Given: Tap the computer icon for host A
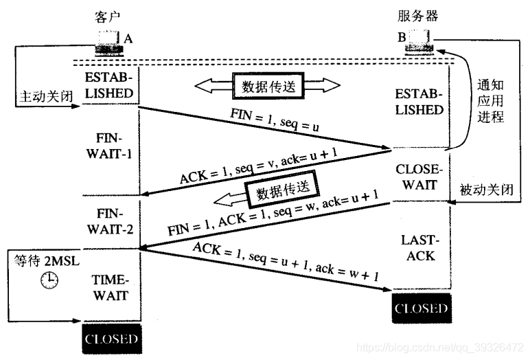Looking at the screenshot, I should click(110, 41).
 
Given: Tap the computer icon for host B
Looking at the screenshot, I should click(420, 41).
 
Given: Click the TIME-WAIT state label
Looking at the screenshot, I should click(111, 289).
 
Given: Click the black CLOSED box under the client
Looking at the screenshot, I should click(111, 339).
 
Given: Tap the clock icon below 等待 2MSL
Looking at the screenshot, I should click(49, 280).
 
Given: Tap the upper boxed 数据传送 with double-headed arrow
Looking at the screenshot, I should click(268, 87).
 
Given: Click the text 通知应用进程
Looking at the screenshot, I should click(490, 102).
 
